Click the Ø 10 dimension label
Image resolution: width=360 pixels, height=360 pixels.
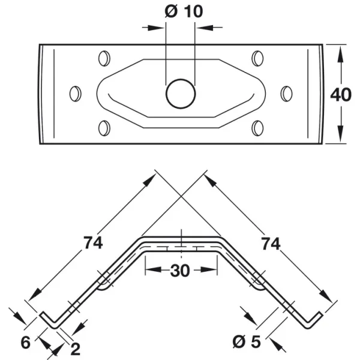click(x=184, y=11)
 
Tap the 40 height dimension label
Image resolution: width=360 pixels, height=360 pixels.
click(x=341, y=94)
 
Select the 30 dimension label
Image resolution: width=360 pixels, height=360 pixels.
click(x=180, y=271)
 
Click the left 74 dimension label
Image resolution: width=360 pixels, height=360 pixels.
click(x=93, y=242)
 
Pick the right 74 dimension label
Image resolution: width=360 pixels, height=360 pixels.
click(x=271, y=244)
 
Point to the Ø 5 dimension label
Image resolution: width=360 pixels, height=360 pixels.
click(x=247, y=341)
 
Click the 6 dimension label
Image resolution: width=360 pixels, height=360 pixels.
click(x=25, y=343)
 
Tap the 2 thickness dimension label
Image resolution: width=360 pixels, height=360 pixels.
click(x=76, y=349)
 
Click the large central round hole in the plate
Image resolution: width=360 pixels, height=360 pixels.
click(x=181, y=94)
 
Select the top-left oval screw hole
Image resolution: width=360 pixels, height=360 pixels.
click(x=104, y=59)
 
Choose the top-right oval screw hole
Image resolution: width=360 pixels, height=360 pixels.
click(x=257, y=59)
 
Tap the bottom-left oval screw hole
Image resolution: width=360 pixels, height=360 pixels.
click(x=104, y=128)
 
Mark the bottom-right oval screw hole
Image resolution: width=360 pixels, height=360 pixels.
click(x=257, y=128)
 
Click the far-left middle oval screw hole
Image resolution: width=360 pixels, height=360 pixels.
click(x=76, y=94)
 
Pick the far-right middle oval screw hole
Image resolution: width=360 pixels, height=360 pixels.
click(x=286, y=94)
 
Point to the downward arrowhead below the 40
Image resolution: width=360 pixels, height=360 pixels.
click(x=341, y=134)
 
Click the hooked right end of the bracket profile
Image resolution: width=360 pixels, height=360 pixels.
click(x=313, y=320)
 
